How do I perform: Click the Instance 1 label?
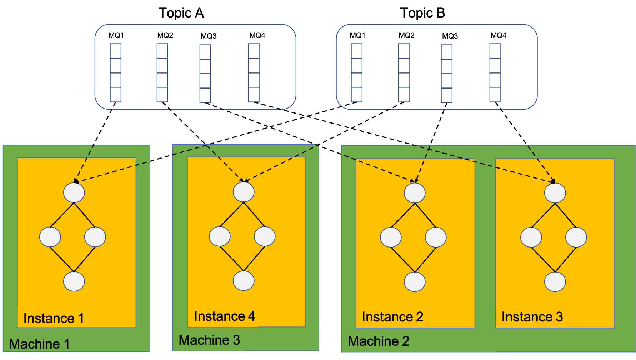point(54,318)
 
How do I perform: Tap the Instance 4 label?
point(224,316)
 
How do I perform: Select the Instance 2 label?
point(392,317)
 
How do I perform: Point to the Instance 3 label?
point(532,317)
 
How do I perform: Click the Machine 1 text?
point(39,344)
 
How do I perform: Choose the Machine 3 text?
point(209,340)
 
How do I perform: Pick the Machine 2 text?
point(379,341)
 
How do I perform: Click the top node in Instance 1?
point(74,192)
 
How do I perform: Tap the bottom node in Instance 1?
point(74,281)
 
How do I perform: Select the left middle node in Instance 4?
point(220,236)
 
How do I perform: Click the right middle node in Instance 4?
point(265,236)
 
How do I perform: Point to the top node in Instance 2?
point(415,193)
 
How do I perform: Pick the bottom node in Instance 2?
point(415,282)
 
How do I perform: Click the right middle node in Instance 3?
point(576,237)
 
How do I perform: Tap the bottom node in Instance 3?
point(555,282)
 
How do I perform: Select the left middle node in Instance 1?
point(50,237)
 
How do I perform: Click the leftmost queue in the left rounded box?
point(115,73)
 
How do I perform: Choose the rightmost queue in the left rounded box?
point(254,73)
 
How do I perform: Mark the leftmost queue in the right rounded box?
point(356,73)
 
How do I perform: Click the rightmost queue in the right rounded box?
point(495,73)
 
